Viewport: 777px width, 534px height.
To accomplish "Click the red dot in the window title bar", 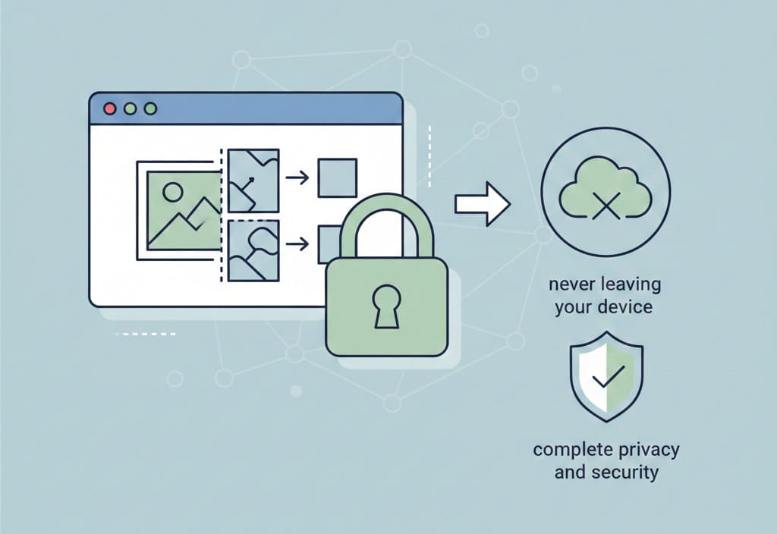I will [x=109, y=108].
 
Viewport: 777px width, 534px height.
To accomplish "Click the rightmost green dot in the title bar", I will [x=150, y=108].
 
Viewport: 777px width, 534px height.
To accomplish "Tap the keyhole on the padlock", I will [x=386, y=306].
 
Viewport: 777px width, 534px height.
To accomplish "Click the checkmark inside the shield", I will [x=607, y=374].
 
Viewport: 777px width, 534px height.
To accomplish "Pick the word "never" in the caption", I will [x=571, y=285].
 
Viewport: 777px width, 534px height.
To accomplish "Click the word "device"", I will [x=627, y=308].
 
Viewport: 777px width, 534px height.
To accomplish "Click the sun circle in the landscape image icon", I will [x=171, y=191].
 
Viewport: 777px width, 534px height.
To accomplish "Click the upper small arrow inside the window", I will [x=297, y=177].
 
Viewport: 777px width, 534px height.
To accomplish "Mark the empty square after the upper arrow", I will [x=337, y=177].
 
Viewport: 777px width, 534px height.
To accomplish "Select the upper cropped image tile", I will [x=253, y=181].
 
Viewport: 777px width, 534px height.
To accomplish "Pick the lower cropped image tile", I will [x=253, y=250].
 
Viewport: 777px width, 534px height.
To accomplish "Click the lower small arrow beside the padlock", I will [x=297, y=243].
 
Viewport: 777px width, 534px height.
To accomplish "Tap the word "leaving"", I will [x=630, y=285].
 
